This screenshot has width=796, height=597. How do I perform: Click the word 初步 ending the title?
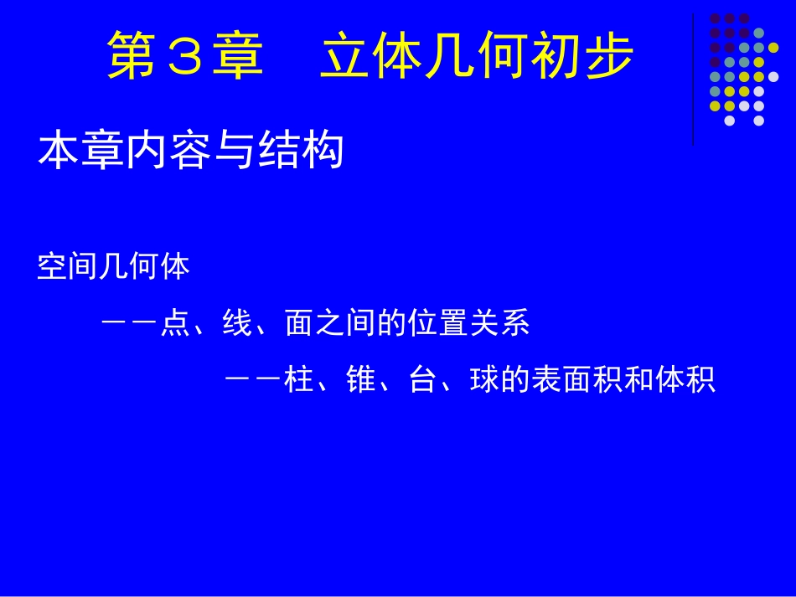[581, 57]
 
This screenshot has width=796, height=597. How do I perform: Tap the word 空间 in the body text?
[68, 268]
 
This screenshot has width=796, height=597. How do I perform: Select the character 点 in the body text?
[175, 324]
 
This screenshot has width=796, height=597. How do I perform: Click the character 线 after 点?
[237, 324]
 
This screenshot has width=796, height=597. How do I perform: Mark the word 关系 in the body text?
[500, 324]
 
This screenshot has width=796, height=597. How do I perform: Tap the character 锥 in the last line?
[360, 381]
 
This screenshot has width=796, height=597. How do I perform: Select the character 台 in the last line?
[422, 381]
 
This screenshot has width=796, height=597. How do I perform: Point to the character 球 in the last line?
[485, 381]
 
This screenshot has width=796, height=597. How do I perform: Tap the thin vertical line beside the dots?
[693, 80]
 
